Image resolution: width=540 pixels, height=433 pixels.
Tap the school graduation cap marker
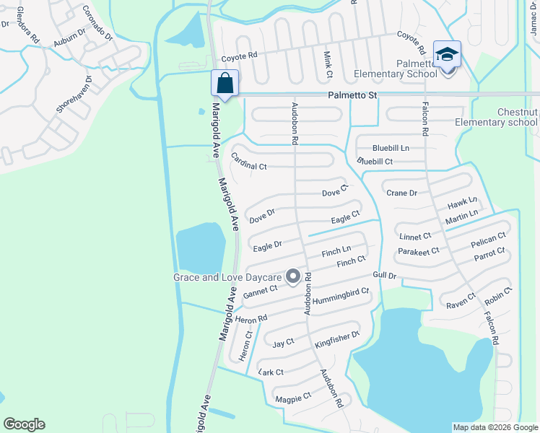[447, 55]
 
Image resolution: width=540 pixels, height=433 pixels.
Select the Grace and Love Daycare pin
[293, 276]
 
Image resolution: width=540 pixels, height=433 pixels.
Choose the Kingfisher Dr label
[336, 341]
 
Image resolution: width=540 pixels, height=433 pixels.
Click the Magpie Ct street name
[292, 397]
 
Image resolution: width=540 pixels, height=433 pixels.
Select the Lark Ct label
[271, 372]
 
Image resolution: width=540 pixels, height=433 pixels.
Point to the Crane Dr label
[402, 193]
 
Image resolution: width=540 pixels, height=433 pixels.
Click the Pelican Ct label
[488, 240]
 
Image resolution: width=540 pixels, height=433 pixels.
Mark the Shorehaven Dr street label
[74, 95]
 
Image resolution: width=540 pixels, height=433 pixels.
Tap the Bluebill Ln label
[391, 147]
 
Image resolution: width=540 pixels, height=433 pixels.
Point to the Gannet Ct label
[261, 292]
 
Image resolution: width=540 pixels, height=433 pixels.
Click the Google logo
[24, 424]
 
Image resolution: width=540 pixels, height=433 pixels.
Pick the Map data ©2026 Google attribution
[495, 427]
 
